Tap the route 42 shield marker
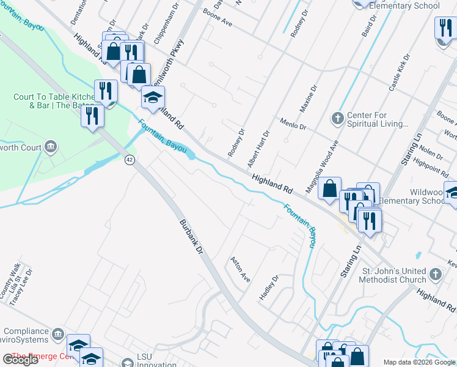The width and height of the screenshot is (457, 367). coord(129,160)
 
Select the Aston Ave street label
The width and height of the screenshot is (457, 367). coord(239,269)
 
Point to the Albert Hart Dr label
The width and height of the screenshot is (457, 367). coord(257,150)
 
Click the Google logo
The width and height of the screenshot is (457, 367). coord(20,359)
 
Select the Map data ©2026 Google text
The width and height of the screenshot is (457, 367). coord(419,362)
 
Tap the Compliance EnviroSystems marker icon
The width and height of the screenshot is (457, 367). coord(58,333)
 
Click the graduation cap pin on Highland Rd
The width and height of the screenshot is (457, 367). coord(153,98)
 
